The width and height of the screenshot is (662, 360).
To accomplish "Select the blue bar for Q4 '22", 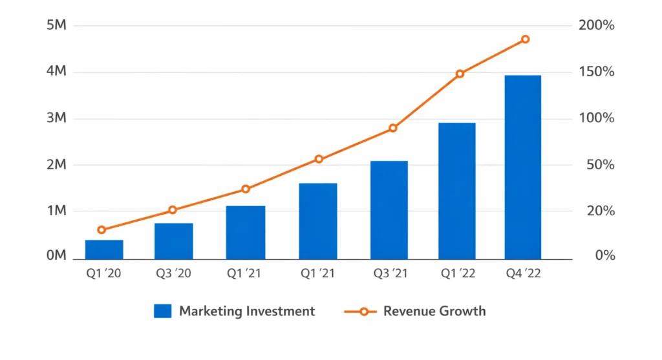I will coord(523,167).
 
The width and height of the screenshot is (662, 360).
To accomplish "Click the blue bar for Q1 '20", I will coord(104,249).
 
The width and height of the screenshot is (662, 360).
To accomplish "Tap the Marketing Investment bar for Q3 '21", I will coord(389,210).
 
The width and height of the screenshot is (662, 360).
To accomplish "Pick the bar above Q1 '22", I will coord(457,191).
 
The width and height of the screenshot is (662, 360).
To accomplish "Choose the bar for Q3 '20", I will coord(173,241).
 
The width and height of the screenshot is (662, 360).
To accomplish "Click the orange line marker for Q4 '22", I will coord(525,39).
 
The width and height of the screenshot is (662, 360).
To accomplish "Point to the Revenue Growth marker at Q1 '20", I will coord(101,229).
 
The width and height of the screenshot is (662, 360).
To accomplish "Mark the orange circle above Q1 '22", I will coord(460,74).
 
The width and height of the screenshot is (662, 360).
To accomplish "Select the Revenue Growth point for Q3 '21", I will coord(392,128).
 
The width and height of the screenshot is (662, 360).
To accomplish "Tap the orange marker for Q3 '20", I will coord(173,210).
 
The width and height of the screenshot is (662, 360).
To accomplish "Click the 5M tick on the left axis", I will coord(56,25).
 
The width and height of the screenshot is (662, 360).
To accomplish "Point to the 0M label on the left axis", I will coord(56,255).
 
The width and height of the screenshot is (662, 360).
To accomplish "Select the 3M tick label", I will coord(56,118).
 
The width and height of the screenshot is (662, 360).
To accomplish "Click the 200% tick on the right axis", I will coord(596,26).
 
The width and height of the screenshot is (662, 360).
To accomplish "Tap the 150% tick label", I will coord(596,72).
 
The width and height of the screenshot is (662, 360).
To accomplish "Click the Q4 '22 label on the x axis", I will coord(522,273).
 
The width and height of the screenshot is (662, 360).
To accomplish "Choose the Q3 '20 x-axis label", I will coord(173,273).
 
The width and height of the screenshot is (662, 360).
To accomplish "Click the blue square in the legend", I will coord(162,311).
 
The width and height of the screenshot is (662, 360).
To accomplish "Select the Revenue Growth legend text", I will coord(434,311).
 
